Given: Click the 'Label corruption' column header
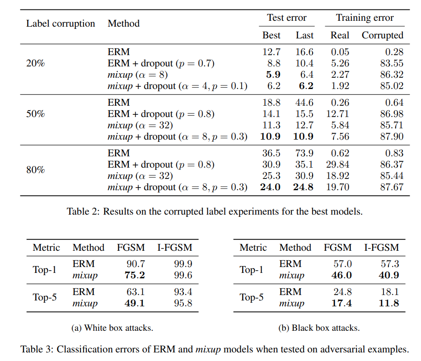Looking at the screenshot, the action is (61, 23).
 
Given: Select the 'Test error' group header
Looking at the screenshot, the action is (287, 18).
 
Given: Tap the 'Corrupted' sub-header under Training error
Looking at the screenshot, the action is (382, 35).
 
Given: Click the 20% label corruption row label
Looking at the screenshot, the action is (35, 63).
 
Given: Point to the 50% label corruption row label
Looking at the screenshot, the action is (35, 114).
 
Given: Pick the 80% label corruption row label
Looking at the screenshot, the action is (35, 170).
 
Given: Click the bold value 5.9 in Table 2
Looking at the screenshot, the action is (273, 75).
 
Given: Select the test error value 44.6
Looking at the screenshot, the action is (304, 103).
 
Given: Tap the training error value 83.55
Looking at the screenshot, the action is (392, 63).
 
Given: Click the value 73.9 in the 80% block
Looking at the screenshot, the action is (304, 153).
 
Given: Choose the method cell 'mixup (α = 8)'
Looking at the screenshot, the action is (138, 75).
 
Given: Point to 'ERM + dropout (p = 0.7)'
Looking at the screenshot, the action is (161, 63).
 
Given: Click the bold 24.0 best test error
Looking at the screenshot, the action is (271, 187).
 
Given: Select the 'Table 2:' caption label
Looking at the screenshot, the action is (83, 211).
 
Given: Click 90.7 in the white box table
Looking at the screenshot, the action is (136, 264).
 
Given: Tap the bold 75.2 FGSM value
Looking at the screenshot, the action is (135, 275).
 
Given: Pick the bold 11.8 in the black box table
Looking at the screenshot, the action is (389, 303).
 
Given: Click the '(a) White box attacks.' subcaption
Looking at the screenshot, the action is (112, 328).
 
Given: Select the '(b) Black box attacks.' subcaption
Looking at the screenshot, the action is (319, 328).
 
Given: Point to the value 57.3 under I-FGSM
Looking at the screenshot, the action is (390, 264).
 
